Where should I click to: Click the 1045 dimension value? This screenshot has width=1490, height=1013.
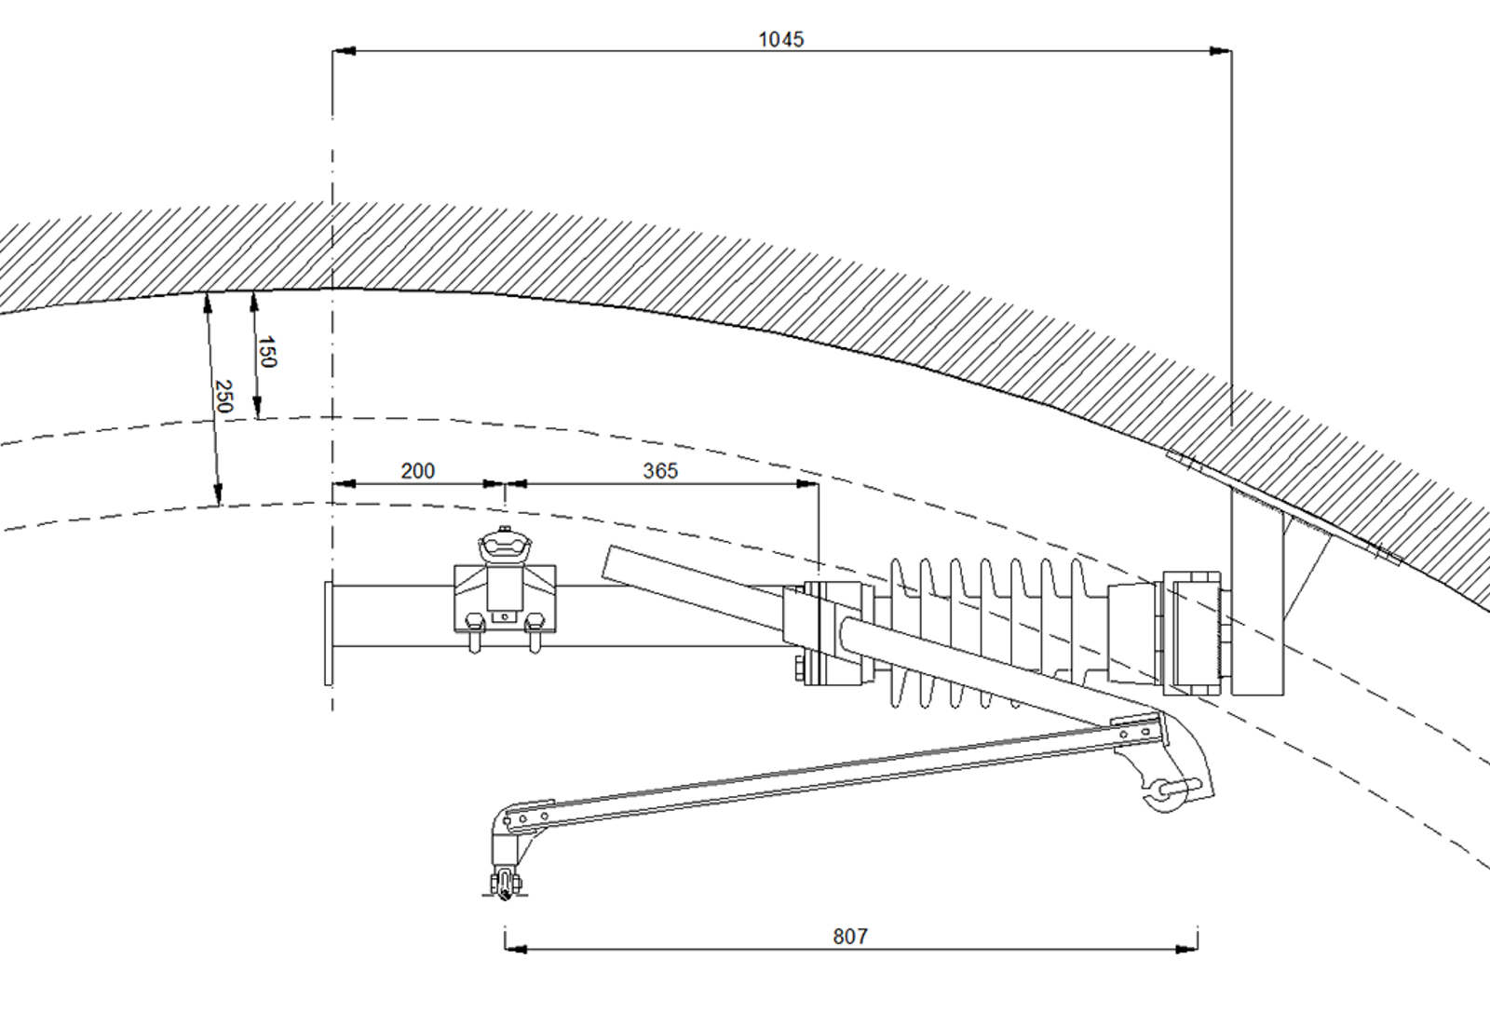[781, 40]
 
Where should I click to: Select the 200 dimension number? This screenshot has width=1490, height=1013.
[418, 471]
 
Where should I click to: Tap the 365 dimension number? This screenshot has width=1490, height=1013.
[660, 471]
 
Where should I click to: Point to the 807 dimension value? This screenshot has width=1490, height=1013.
[850, 937]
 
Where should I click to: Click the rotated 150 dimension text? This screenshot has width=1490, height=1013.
[266, 352]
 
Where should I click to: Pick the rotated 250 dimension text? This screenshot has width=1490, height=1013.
[224, 396]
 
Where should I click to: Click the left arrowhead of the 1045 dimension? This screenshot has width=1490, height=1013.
[344, 50]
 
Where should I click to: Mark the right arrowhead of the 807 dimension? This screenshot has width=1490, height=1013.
[1186, 949]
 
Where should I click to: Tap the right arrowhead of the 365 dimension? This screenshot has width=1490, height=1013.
[807, 484]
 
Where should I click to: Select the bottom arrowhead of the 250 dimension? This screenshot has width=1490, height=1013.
[217, 494]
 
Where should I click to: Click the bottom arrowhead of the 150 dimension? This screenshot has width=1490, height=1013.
[257, 407]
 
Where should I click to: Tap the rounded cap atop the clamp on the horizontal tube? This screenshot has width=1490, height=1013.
[505, 546]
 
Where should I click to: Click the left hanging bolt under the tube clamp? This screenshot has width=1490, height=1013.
[474, 634]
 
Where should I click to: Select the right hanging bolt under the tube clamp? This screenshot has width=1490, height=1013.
[535, 634]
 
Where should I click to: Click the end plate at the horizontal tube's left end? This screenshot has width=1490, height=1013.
[328, 633]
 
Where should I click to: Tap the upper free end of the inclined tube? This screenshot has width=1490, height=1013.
[606, 561]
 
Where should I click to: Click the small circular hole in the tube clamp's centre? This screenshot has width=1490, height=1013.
[504, 617]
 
